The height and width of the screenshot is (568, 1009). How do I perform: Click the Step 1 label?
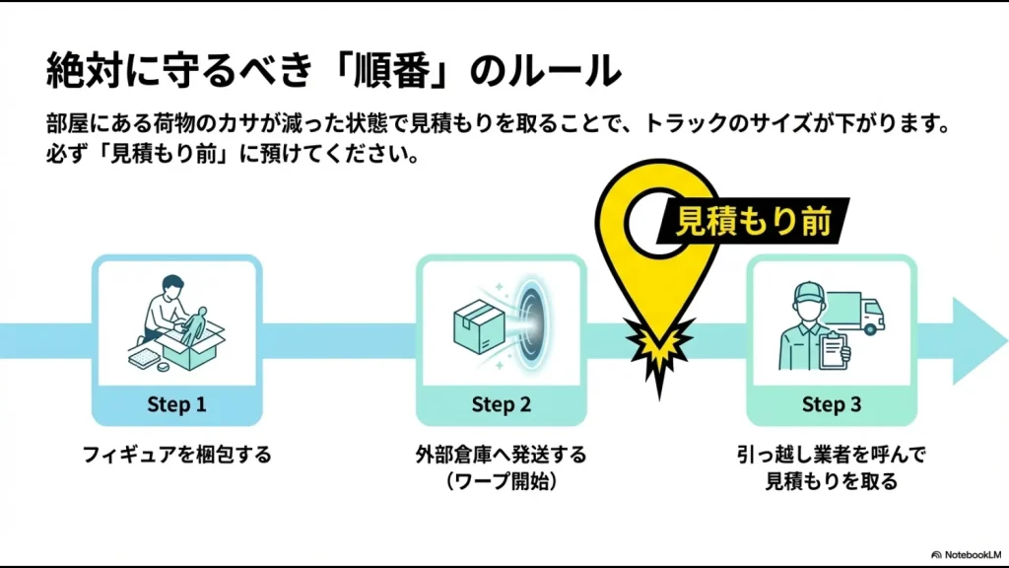pos(176,404)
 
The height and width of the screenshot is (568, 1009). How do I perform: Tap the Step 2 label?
pos(501,404)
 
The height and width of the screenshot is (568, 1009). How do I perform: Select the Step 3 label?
pos(831,404)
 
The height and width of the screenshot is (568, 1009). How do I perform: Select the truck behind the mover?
pos(859,309)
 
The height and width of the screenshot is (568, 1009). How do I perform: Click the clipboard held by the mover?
pos(834,346)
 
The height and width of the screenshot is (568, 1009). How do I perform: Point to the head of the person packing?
pos(173,286)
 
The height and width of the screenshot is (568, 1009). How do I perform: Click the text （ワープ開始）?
pos(501,481)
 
